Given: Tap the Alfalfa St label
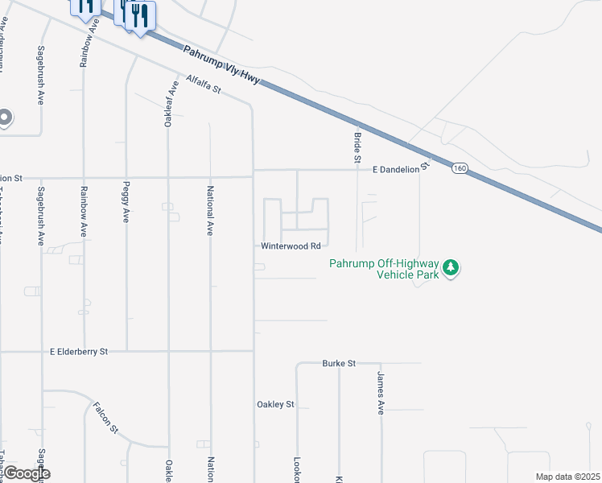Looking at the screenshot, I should [203, 85].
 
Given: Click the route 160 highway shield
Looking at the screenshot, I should [459, 168].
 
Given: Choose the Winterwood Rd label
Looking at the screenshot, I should [291, 246].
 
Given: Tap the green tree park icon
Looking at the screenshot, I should [451, 267].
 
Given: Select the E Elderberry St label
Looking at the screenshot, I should [78, 352].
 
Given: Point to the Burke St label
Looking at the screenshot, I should [339, 363].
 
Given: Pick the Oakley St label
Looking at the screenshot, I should [276, 404].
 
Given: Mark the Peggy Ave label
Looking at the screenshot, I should [126, 206].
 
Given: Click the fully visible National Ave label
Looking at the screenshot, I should [209, 211].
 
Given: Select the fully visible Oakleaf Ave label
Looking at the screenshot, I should [169, 104].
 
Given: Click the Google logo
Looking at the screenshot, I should [26, 473].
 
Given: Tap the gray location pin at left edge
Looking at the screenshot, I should [4, 118].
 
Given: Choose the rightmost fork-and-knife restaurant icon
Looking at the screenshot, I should [141, 16].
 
